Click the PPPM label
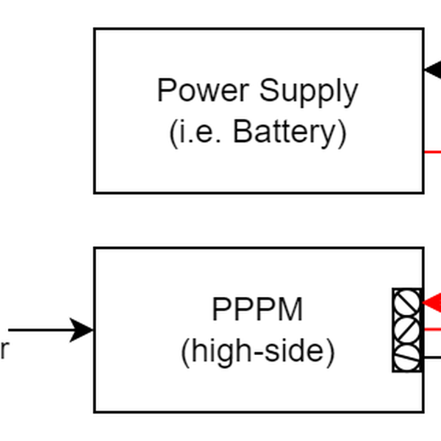tap(257, 310)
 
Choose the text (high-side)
tap(257, 353)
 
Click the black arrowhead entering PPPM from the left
tap(82, 330)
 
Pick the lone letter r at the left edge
tap(4, 352)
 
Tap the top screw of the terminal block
tap(407, 302)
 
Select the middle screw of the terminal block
tap(407, 329)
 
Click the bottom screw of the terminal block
tap(407, 357)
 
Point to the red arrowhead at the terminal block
tap(432, 302)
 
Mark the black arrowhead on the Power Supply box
tap(433, 71)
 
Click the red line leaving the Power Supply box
tap(433, 152)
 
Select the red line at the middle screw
tap(432, 329)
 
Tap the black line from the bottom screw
tap(432, 358)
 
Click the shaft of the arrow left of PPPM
tap(37, 330)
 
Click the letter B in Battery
tap(242, 132)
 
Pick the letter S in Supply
tap(268, 91)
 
